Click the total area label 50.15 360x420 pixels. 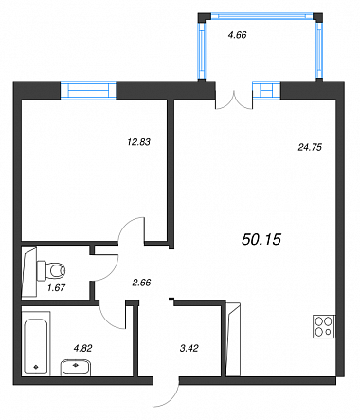pos(261,239)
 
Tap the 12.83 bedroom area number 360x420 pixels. pos(138,142)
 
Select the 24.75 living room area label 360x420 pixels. pos(310,147)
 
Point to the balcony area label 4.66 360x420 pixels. pos(237,35)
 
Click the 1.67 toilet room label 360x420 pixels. pos(56,288)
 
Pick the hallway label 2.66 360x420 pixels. pos(141,283)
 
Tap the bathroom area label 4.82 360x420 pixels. pos(82,348)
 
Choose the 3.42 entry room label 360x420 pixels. pos(189,348)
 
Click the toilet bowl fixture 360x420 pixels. pos(51,270)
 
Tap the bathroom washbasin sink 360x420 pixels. pos(76,368)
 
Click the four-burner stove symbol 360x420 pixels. pos(324,327)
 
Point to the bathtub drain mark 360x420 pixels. pos(36,367)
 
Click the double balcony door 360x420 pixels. pos(234,100)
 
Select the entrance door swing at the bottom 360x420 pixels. pos(166,392)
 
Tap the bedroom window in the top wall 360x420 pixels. pos(88,90)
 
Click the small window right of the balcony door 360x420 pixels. pos(266,90)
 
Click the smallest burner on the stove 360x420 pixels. pos(329,332)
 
